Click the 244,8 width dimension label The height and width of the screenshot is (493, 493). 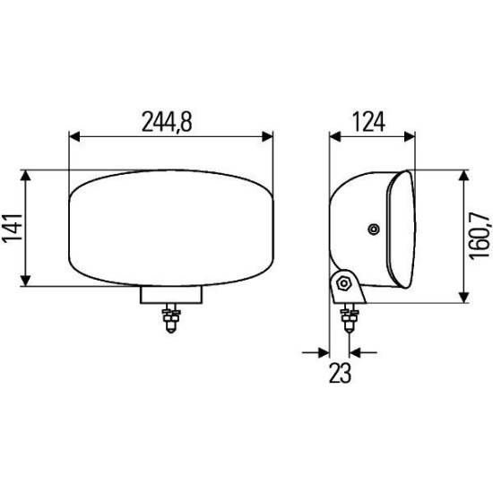[167, 122]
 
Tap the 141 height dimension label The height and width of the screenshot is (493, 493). [13, 229]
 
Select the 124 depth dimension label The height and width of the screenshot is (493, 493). [368, 122]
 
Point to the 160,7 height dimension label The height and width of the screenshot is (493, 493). [480, 236]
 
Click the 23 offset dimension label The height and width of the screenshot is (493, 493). [340, 373]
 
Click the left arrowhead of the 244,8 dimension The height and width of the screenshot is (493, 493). [74, 137]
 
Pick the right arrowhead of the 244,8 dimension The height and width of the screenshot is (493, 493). [268, 137]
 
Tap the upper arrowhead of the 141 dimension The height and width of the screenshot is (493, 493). [25, 175]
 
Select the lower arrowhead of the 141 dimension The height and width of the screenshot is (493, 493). [25, 281]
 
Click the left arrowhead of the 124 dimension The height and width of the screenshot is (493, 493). [335, 137]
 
